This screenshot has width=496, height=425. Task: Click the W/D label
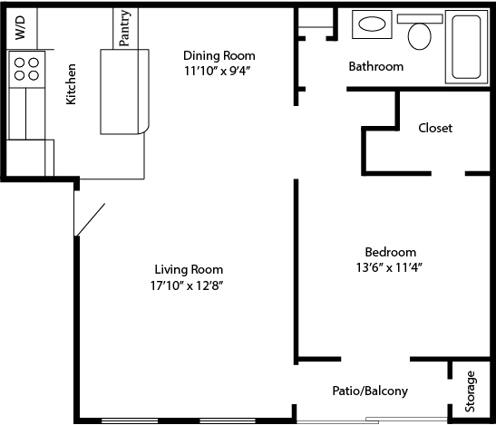(20, 28)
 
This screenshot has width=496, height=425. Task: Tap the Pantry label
(124, 28)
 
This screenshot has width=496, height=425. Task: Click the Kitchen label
(71, 84)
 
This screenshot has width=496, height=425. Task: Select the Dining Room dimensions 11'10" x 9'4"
(218, 72)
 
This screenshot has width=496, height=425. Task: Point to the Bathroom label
(375, 66)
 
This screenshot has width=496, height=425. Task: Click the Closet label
(435, 128)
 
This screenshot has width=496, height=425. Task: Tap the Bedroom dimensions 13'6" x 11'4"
(389, 268)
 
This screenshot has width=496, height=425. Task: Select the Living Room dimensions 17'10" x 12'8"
(187, 285)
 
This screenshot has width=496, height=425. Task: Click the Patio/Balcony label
(370, 391)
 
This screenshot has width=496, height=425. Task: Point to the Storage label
(470, 391)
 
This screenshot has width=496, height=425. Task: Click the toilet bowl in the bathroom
(420, 36)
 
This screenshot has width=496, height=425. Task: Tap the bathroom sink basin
(372, 24)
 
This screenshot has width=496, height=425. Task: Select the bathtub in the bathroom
(466, 47)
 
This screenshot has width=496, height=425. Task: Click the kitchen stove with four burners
(27, 70)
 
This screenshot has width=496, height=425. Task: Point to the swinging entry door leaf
(90, 219)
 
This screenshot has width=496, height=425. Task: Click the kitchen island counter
(124, 92)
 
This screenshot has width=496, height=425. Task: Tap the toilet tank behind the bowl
(420, 19)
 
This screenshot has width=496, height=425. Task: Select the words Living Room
(189, 270)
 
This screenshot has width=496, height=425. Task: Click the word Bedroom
(390, 252)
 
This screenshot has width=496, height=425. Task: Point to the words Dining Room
(219, 55)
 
